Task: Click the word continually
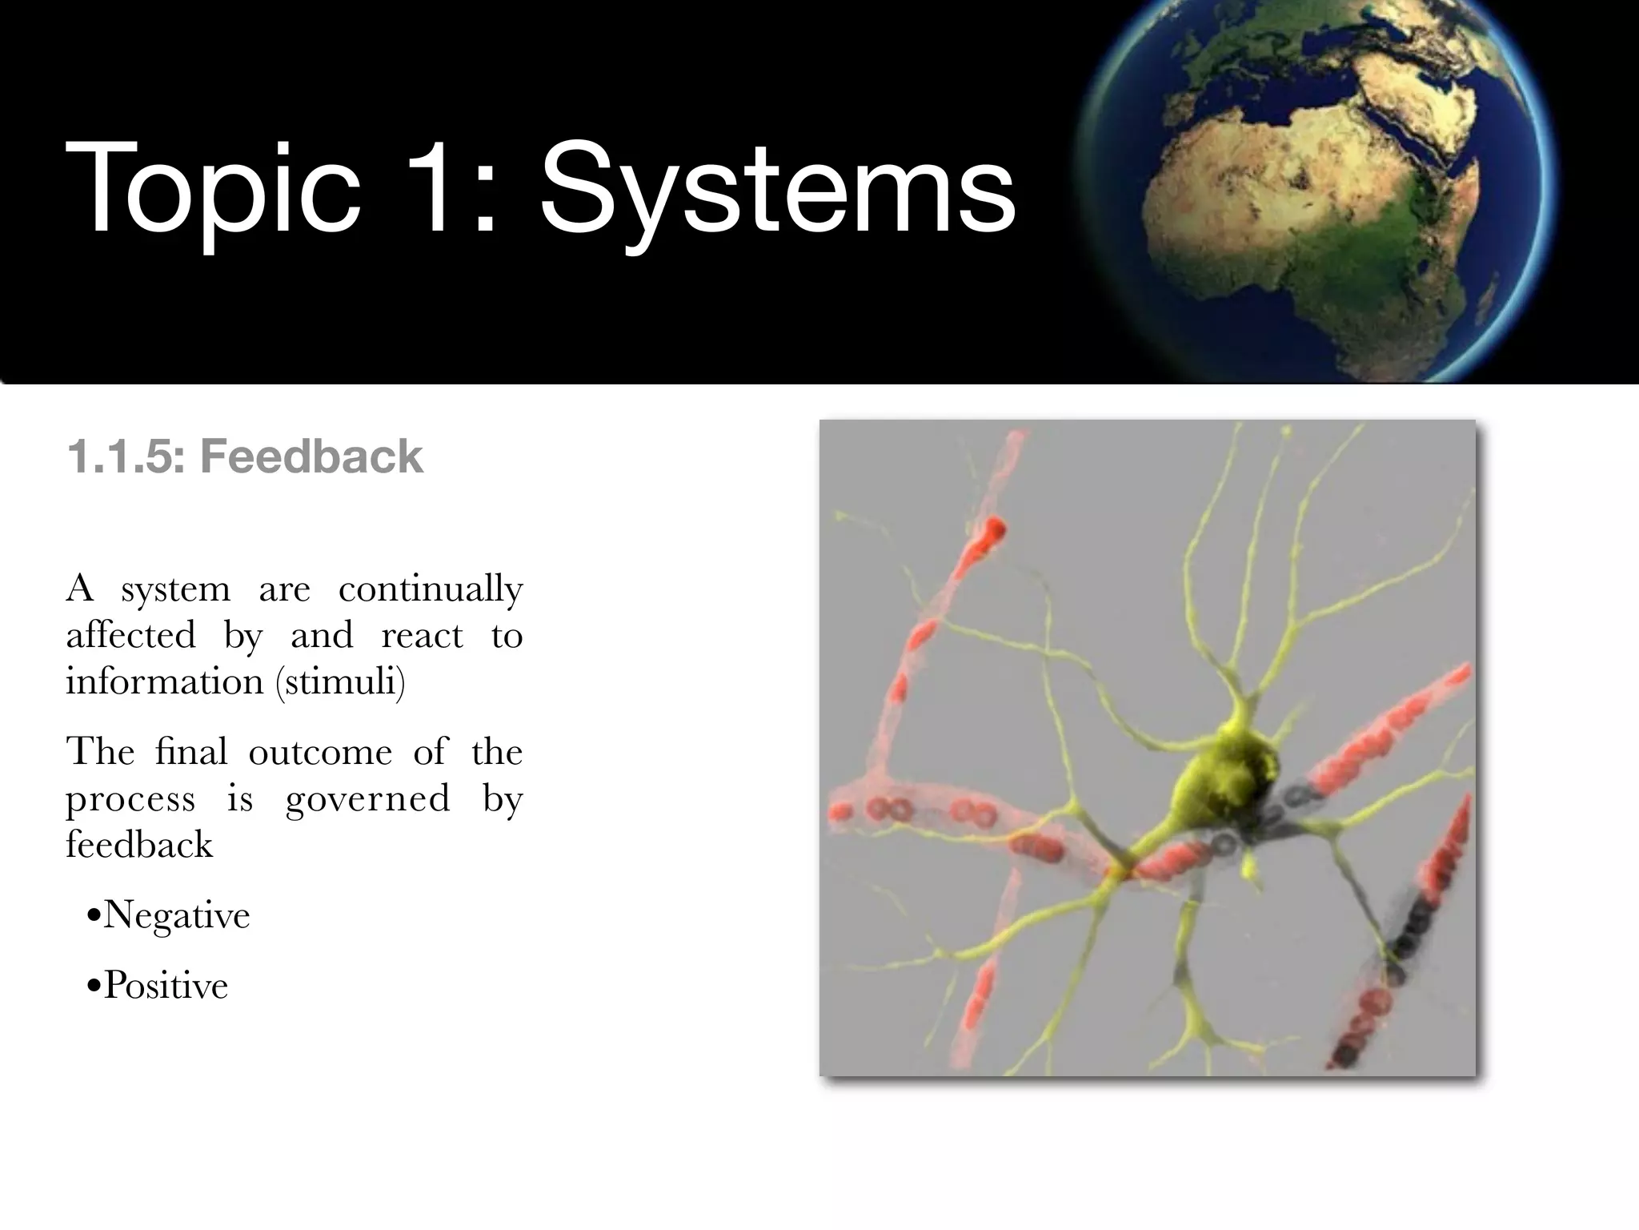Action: pos(430,590)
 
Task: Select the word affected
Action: pos(130,636)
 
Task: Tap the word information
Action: pos(164,681)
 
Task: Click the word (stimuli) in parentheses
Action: pos(340,681)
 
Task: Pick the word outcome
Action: pos(320,752)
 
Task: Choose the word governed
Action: pos(367,799)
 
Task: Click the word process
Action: pos(130,799)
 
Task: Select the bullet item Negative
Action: pos(176,915)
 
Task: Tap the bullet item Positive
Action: pos(166,986)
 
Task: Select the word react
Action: pos(422,636)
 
